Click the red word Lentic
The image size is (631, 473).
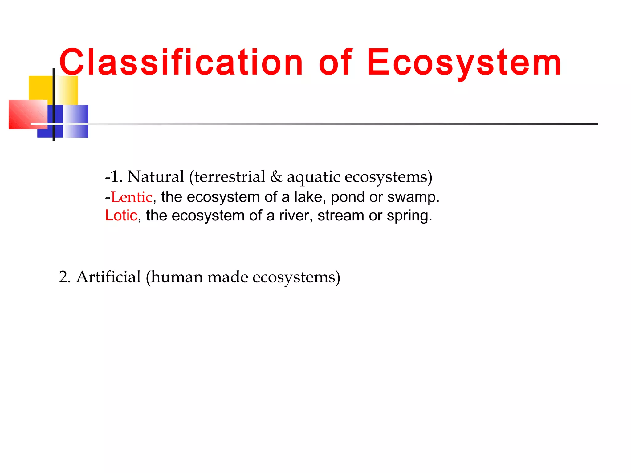pyautogui.click(x=132, y=197)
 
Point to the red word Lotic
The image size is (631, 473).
pyautogui.click(x=121, y=216)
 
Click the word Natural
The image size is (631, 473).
pyautogui.click(x=156, y=177)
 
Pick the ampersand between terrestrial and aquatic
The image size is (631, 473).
pyautogui.click(x=276, y=177)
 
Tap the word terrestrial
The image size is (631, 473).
pyautogui.click(x=230, y=177)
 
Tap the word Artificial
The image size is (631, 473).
pyautogui.click(x=108, y=277)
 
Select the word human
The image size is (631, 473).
pyautogui.click(x=176, y=277)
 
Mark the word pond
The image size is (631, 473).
pyautogui.click(x=348, y=197)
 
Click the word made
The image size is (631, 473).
pyautogui.click(x=228, y=277)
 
